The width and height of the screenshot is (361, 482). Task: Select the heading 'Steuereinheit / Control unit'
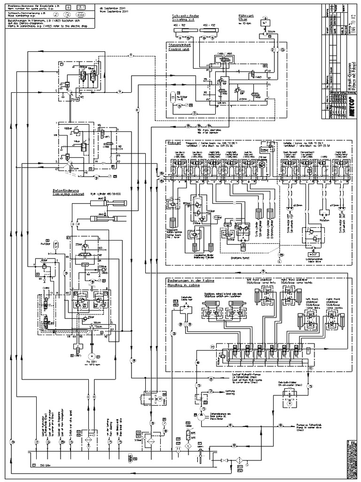[180, 47]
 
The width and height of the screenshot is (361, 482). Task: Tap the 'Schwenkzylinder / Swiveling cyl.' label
[187, 18]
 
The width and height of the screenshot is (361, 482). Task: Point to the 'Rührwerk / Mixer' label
[239, 18]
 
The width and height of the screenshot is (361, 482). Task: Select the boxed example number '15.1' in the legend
[80, 8]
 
